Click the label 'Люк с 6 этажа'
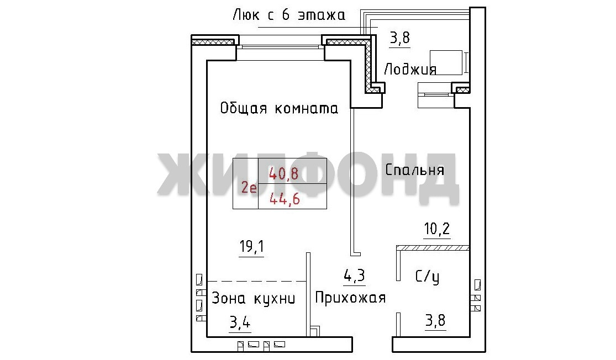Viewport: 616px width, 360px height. click(289, 15)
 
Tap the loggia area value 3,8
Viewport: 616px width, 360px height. click(399, 38)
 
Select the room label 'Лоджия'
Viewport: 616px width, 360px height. click(410, 69)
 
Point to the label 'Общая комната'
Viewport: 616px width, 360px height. click(279, 108)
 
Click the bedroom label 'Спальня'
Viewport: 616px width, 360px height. click(414, 170)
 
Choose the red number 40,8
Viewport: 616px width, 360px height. click(283, 173)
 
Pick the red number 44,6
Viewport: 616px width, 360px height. click(285, 199)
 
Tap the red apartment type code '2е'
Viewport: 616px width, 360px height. click(249, 188)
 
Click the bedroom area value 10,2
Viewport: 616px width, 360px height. click(437, 229)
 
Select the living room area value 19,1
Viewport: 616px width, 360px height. click(252, 247)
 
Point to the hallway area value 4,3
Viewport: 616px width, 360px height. click(354, 276)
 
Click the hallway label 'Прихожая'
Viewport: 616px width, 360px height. click(350, 298)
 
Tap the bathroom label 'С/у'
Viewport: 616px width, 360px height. click(428, 277)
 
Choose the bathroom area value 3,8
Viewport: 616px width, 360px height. click(435, 321)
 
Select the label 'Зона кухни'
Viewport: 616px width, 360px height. click(254, 298)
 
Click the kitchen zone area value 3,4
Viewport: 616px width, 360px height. click(240, 322)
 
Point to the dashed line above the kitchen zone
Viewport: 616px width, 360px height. click(256, 281)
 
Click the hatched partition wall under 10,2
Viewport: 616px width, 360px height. click(433, 248)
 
